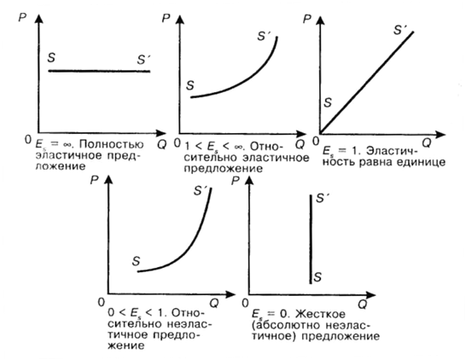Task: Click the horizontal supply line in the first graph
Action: (99, 71)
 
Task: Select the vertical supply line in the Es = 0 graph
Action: (311, 239)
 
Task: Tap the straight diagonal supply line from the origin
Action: (367, 82)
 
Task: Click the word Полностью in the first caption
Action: (112, 145)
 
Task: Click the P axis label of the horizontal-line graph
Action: (22, 18)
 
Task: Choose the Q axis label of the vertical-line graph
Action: (362, 305)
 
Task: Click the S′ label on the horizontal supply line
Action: (144, 60)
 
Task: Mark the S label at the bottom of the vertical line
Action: (317, 277)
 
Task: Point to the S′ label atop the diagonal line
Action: (400, 30)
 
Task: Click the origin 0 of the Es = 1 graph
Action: (316, 141)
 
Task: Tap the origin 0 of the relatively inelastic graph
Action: (102, 302)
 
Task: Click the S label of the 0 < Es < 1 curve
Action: (136, 261)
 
